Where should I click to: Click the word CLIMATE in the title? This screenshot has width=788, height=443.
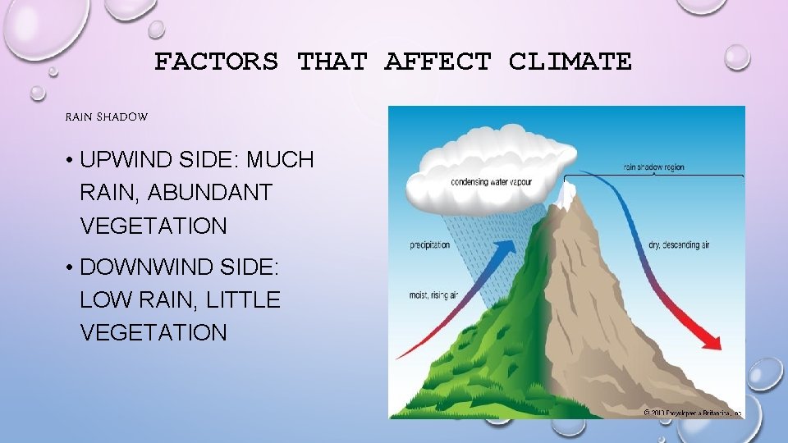click(x=570, y=62)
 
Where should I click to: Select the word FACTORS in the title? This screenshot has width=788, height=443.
click(x=216, y=62)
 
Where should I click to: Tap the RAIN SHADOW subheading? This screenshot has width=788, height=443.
click(x=107, y=117)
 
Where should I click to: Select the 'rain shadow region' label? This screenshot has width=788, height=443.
click(x=655, y=168)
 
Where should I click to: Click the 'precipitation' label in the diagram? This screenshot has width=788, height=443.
click(x=430, y=244)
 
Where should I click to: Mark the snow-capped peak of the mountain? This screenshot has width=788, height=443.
click(x=566, y=194)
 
